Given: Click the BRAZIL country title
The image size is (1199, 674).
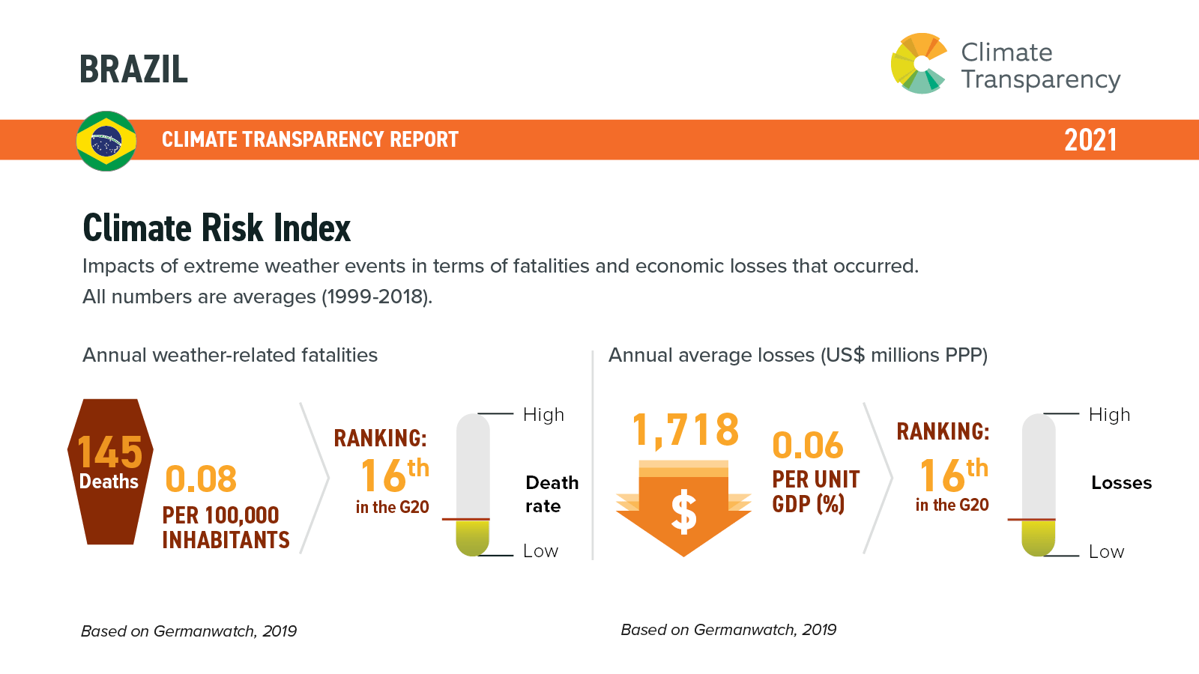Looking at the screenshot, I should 133,70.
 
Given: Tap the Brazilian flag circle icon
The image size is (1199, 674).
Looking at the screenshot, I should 106,141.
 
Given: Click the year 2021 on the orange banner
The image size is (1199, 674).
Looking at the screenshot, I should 1090,140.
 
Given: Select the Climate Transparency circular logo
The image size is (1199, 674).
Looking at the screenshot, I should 920,64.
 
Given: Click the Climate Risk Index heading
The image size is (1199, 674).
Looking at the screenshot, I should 217,228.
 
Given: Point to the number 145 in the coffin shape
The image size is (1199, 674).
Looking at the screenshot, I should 109,452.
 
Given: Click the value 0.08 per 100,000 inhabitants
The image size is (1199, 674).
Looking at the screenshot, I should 201,479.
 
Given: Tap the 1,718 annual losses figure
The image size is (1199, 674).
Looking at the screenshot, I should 685,430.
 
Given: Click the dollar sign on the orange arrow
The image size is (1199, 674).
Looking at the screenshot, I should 683,512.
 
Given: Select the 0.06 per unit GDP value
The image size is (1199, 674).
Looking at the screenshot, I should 808,446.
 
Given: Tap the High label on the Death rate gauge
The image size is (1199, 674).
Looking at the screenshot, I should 543,415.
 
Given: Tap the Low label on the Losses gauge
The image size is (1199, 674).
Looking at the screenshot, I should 1106,552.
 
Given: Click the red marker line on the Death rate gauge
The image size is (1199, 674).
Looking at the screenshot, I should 466,519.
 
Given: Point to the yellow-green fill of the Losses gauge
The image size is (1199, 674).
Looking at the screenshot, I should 1039,537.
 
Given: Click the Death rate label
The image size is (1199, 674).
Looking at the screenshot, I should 552,494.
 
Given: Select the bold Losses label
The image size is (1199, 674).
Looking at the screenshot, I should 1121,483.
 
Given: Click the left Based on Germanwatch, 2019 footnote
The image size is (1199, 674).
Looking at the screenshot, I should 189,631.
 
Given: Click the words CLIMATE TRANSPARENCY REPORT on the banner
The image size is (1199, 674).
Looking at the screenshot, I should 309,140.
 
